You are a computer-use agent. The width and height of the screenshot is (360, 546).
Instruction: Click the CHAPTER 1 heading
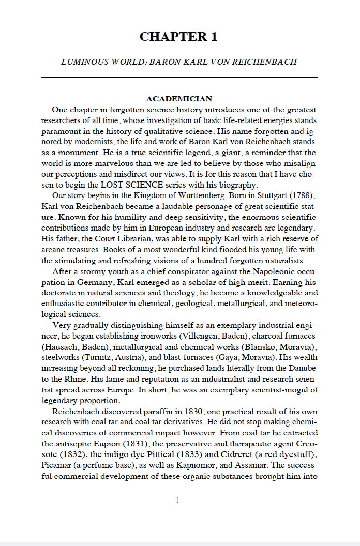pos(178,37)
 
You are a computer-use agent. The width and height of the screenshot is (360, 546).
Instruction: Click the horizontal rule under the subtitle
pos(179,78)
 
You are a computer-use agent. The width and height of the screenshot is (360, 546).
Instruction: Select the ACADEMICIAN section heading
pos(179,99)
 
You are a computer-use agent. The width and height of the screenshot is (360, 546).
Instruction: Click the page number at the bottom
pos(177,500)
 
